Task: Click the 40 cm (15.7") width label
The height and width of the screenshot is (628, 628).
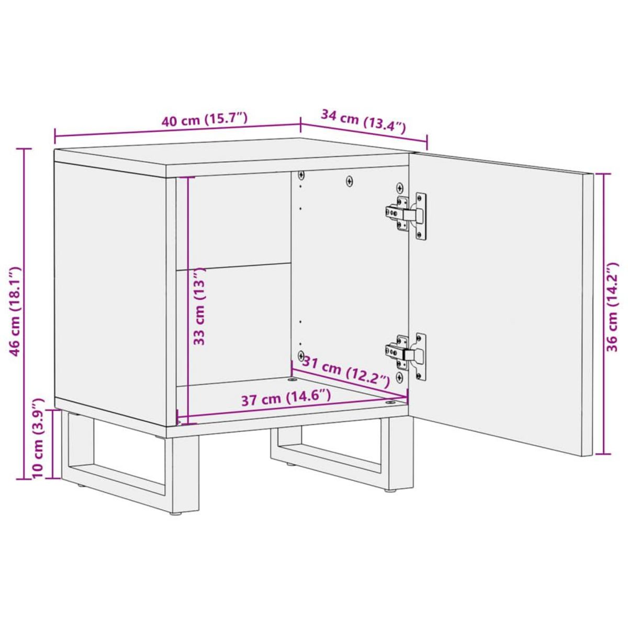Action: point(204,120)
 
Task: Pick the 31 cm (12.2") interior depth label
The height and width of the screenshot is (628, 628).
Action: point(346,372)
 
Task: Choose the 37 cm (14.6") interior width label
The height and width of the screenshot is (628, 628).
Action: point(286,399)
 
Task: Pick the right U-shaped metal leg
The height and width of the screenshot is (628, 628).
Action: point(335,450)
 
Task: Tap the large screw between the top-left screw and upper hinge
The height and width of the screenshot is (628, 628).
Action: point(350,181)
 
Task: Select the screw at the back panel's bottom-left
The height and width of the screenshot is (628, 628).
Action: point(301,356)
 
